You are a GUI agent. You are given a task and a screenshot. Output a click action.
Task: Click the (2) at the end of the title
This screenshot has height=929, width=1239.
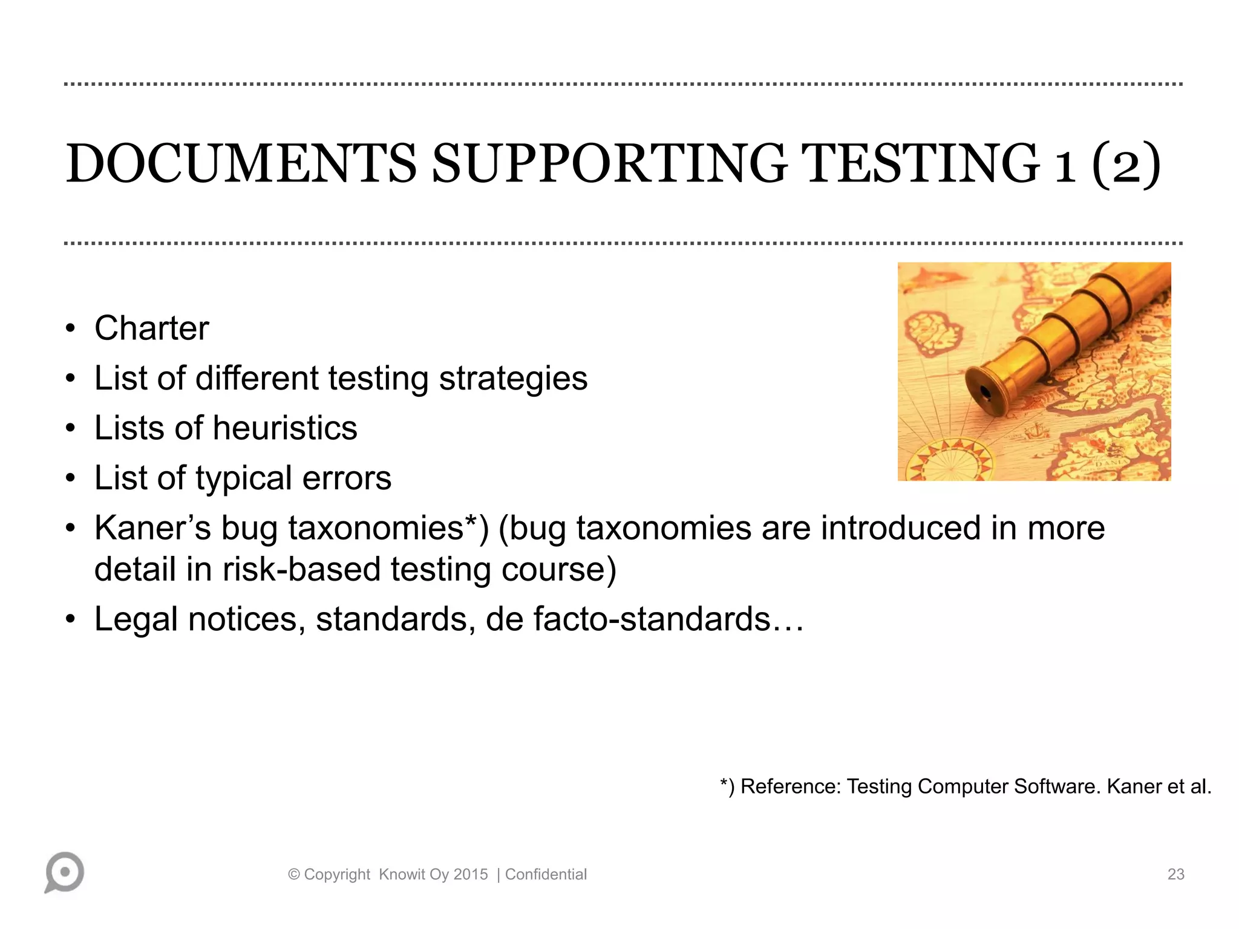pos(1126,165)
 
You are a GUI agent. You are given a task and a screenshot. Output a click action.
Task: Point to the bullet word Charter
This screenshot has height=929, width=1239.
pos(151,328)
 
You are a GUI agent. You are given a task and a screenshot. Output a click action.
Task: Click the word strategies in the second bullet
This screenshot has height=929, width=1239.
pos(513,379)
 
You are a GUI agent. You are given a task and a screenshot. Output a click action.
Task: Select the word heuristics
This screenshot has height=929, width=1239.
pos(285,428)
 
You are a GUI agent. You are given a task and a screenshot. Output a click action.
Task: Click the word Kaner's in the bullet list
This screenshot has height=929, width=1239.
pos(152,528)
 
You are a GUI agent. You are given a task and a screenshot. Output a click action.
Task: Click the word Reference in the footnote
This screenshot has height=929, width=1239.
pos(790,786)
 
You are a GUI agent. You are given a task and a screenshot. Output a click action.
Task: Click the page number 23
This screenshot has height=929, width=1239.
pos(1175,875)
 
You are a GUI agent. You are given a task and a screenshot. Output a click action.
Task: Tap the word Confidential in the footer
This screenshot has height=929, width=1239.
pos(546,875)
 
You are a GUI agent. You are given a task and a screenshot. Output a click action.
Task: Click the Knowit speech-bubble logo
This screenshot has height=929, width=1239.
pos(64,872)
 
